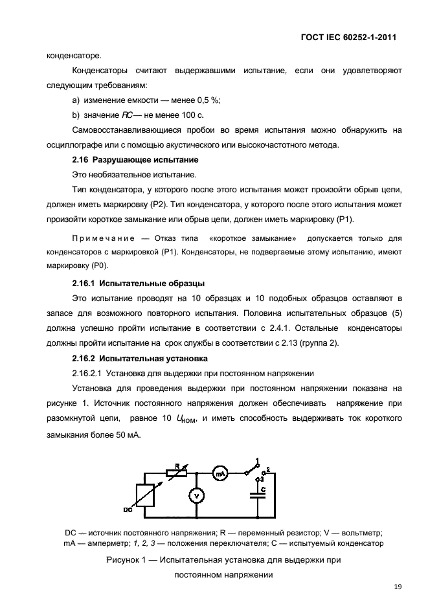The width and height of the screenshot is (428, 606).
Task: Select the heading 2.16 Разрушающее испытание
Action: pyautogui.click(x=135, y=159)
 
